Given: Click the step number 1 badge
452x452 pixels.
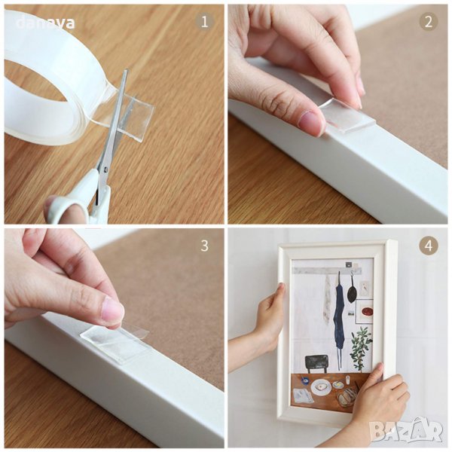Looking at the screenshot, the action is (x=204, y=22).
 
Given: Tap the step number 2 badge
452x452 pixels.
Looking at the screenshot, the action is (x=429, y=22).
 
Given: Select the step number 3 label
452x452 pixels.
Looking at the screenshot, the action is (x=204, y=246).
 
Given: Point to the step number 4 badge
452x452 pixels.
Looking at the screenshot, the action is (x=429, y=246).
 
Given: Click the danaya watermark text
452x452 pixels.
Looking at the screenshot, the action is (x=45, y=23).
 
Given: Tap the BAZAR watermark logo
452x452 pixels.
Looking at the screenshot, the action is (x=407, y=431).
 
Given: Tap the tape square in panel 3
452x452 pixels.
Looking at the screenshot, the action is (x=116, y=345).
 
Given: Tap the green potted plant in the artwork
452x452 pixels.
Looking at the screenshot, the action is (x=360, y=348).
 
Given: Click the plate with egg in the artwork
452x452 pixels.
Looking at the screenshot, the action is (x=321, y=387).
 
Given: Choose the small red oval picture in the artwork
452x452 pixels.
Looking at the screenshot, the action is (x=368, y=311).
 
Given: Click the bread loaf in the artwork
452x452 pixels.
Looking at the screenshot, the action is (x=347, y=397).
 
